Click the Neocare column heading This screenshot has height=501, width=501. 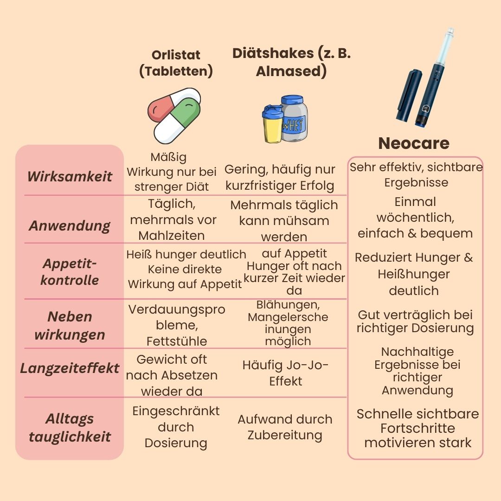[414, 143]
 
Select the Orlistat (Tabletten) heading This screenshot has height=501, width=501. [176, 63]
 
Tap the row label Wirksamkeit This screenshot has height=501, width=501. [70, 176]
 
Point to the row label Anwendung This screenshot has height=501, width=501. [70, 226]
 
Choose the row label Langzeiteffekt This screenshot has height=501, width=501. [70, 368]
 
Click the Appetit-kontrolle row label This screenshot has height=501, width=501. [70, 272]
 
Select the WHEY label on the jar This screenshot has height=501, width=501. [293, 124]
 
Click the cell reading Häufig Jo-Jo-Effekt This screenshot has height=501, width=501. [285, 373]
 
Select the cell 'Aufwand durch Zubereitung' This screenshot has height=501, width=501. [285, 427]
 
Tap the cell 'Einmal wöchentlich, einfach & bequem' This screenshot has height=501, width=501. [415, 218]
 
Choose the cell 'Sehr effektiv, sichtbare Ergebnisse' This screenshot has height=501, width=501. [416, 174]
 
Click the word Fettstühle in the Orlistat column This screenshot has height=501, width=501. [176, 341]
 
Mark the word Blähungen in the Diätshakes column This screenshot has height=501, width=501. [288, 306]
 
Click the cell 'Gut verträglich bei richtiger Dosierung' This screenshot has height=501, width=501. [415, 321]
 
